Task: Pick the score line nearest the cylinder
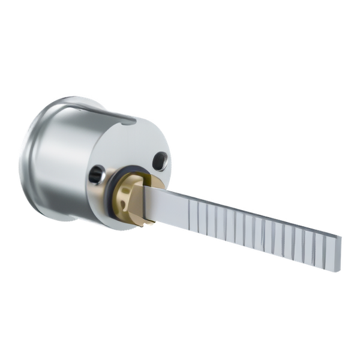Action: (190, 213)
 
